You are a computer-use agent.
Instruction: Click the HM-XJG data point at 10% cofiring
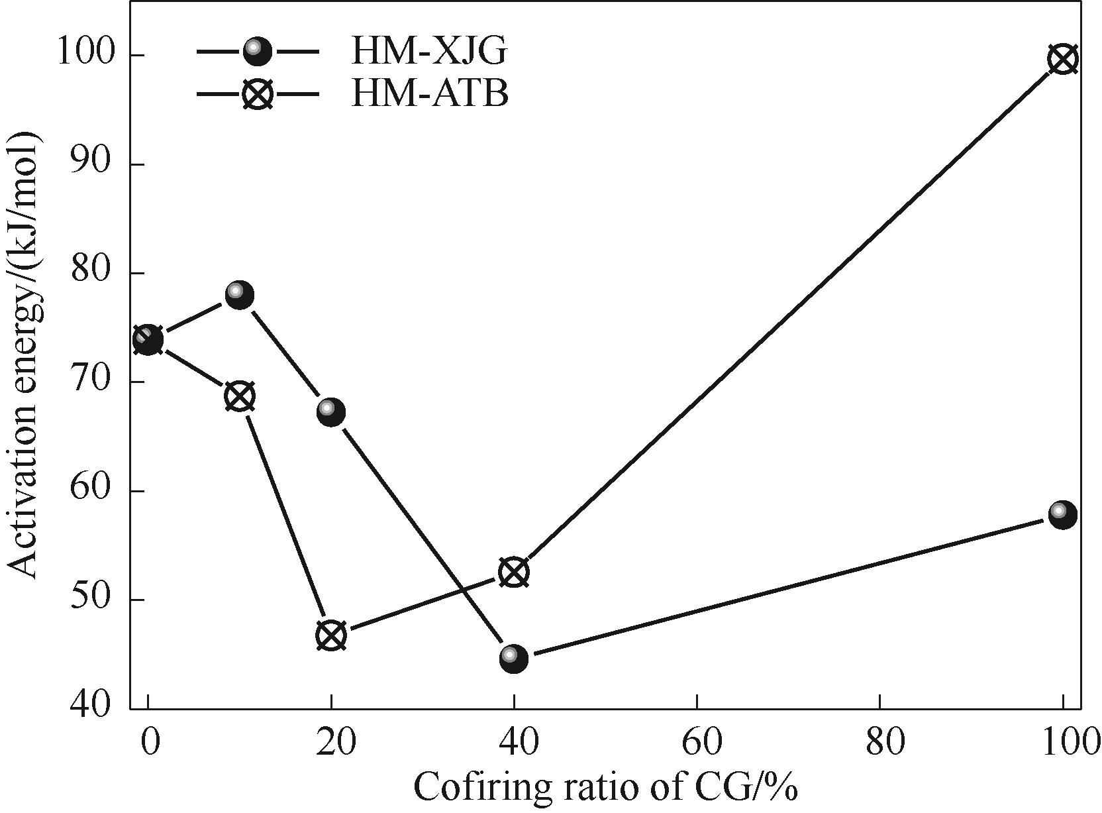(x=239, y=295)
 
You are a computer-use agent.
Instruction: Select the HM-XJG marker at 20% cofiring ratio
(x=331, y=412)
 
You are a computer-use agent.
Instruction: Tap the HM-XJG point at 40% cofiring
(x=514, y=659)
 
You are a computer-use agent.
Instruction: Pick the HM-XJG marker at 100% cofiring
(x=1062, y=515)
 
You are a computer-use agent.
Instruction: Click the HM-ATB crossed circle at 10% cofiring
(x=240, y=397)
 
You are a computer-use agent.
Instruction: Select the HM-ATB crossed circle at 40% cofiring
(x=514, y=572)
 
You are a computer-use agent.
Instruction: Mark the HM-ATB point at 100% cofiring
(x=1062, y=60)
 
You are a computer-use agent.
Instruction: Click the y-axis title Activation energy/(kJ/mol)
(x=25, y=354)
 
